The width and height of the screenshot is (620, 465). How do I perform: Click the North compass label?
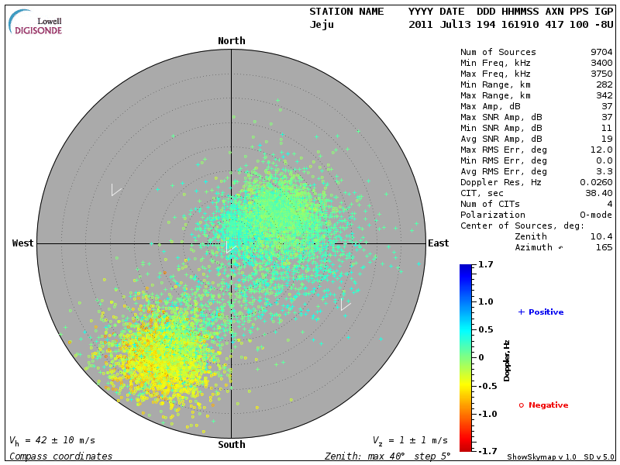tap(231, 41)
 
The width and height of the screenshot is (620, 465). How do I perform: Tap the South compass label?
tap(231, 445)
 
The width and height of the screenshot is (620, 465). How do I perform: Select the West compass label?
tap(23, 243)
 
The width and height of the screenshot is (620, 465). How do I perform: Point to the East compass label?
tap(438, 243)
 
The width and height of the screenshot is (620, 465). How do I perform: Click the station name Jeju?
tap(322, 24)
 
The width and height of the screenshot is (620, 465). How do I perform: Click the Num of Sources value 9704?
tap(601, 53)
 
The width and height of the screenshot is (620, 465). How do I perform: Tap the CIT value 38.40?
tap(598, 193)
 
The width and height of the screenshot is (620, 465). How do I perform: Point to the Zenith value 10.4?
tap(601, 236)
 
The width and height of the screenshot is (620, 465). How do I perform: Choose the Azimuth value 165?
tap(603, 247)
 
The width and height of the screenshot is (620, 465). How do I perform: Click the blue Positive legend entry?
tap(541, 312)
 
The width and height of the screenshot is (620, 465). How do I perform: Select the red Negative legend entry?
tap(543, 405)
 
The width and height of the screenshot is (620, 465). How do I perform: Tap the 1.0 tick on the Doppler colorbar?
tap(486, 301)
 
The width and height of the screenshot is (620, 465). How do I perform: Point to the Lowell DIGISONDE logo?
tap(36, 22)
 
